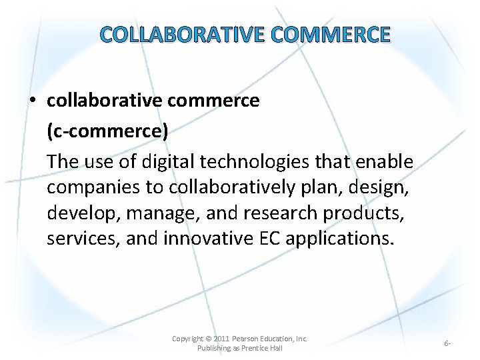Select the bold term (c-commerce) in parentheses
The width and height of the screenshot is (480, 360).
coord(107,131)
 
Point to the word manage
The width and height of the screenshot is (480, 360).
coord(165,213)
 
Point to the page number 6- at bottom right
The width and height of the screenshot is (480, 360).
coord(447,343)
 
